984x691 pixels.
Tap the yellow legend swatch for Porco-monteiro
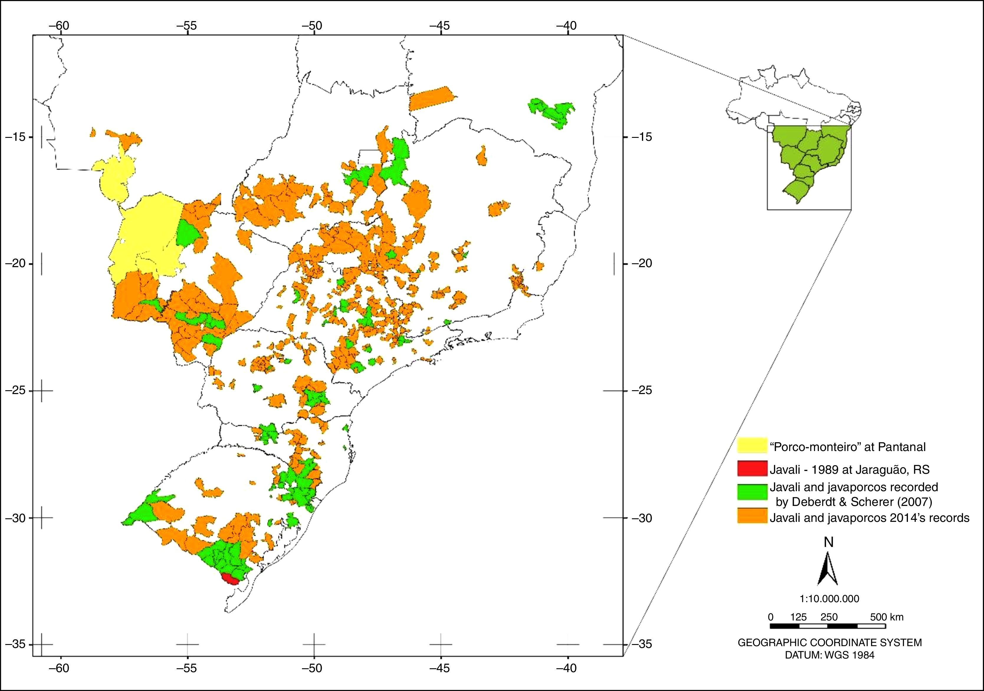[x=752, y=446]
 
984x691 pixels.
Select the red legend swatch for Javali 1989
[x=752, y=468]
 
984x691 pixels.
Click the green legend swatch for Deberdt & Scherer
[x=752, y=491]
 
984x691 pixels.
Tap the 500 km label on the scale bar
[x=886, y=617]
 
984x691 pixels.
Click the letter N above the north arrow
[x=828, y=543]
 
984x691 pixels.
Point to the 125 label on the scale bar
[x=799, y=617]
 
